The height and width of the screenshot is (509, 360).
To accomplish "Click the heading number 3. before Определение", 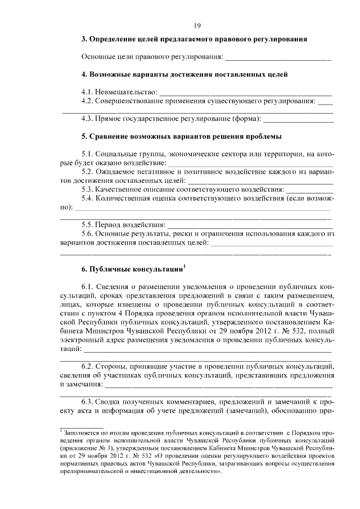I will [84, 40].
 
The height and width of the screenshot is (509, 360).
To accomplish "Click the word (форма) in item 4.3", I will [246, 119].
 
